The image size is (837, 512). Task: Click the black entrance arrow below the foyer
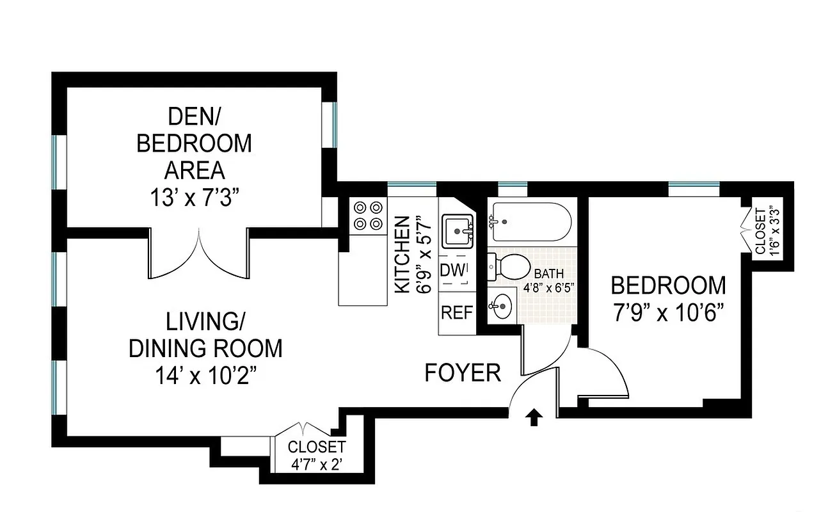coord(535,418)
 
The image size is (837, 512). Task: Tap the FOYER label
coord(463,373)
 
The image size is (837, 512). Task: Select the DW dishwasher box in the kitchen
coord(454,271)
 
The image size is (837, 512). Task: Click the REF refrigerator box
coord(456,313)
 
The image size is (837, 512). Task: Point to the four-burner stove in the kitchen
coord(368,216)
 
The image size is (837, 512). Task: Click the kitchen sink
coord(457,227)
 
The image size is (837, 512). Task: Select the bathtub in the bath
coord(529,221)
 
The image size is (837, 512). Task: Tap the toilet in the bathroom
coord(510,266)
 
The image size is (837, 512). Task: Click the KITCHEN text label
coord(402,255)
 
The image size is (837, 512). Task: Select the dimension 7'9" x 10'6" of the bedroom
coord(668,314)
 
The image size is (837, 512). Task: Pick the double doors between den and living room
coord(200,253)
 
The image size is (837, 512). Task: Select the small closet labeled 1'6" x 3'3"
coord(766,231)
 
